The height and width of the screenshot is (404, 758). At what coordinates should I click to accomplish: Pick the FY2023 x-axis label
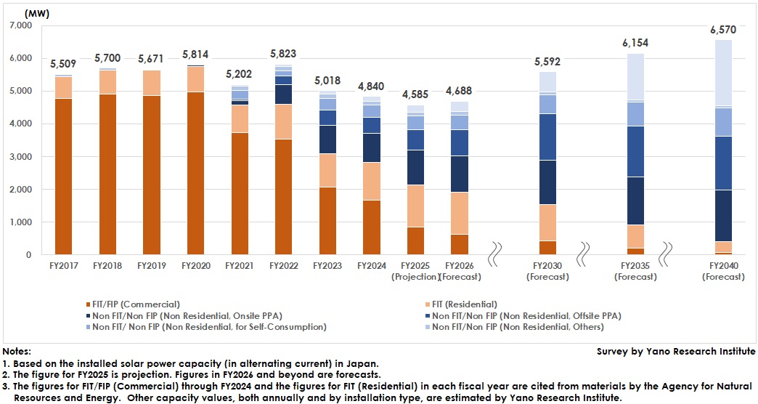pyautogui.click(x=328, y=266)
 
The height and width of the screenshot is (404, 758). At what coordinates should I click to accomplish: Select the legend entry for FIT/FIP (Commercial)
pyautogui.click(x=137, y=304)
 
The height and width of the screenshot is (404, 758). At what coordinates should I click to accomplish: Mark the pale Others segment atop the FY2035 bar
pyautogui.click(x=635, y=76)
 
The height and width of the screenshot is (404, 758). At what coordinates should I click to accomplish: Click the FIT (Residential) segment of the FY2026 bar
pyautogui.click(x=460, y=214)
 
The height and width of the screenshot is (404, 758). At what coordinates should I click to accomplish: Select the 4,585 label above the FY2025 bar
pyautogui.click(x=415, y=95)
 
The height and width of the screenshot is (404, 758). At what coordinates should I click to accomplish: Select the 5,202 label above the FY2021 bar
pyautogui.click(x=240, y=74)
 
